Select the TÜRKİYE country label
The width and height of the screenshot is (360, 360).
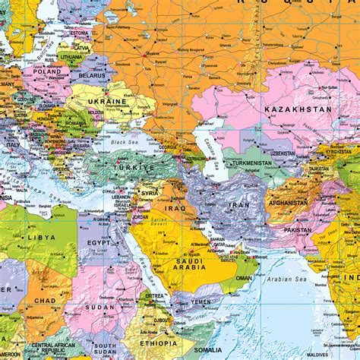point(134,167)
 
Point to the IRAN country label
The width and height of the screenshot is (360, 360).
point(239,205)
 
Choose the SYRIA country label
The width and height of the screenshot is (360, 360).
point(150,193)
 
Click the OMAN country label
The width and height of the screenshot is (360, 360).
point(244,277)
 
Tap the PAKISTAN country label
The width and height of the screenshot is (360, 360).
point(297,230)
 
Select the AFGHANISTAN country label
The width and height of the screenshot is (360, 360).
point(287,203)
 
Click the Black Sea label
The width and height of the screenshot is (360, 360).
point(122,142)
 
